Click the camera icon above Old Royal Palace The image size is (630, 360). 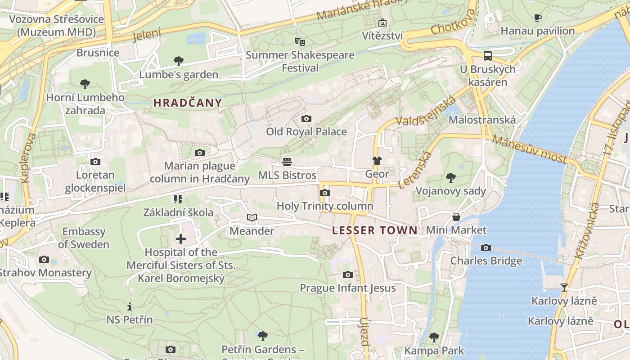click(x=306, y=119)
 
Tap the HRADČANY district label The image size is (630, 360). click(x=188, y=103)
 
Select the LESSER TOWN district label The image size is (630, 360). click(x=375, y=231)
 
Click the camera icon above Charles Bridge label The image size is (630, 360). click(x=486, y=248)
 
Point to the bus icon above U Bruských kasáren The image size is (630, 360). click(x=488, y=56)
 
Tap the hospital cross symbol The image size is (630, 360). click(x=180, y=238)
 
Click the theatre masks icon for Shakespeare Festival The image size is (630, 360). click(x=300, y=42)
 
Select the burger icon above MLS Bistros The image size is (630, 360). click(x=287, y=162)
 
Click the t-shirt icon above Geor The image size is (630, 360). click(x=377, y=161)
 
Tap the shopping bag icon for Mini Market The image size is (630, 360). click(x=456, y=217)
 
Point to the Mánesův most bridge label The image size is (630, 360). click(x=529, y=149)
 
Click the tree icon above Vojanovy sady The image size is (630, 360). click(x=450, y=178)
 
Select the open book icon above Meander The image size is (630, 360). click(x=252, y=218)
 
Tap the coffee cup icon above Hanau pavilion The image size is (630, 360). click(x=537, y=18)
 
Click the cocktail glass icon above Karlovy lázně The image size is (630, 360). click(x=564, y=287)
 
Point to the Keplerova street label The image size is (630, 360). click(x=28, y=157)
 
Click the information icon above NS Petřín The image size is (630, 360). click(x=130, y=306)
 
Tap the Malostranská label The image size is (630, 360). click(x=482, y=120)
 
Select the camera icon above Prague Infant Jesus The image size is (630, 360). click(x=347, y=275)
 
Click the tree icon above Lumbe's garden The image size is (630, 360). click(x=179, y=61)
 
